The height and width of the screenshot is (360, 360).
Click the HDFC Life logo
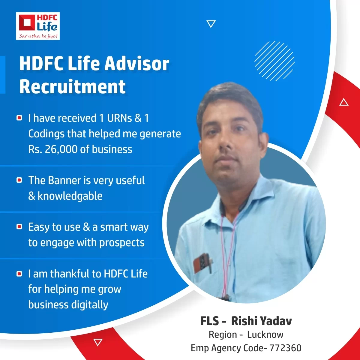38,26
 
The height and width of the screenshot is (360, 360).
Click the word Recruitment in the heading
73,86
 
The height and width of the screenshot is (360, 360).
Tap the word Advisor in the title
137,64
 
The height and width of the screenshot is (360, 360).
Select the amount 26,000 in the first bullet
61,149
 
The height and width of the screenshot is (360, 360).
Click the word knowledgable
70,196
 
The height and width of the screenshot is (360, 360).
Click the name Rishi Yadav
261,321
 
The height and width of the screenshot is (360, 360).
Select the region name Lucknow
265,334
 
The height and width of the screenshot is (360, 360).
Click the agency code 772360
286,348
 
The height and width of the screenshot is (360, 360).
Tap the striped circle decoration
274,61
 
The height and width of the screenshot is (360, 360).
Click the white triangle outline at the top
211,24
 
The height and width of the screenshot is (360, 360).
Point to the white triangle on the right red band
344,102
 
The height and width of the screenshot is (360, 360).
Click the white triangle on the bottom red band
98,342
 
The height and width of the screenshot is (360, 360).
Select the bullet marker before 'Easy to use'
19,227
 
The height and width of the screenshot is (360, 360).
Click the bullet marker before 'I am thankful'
19,274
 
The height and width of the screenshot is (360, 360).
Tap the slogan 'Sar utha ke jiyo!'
38,36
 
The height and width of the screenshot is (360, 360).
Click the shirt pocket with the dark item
203,263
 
